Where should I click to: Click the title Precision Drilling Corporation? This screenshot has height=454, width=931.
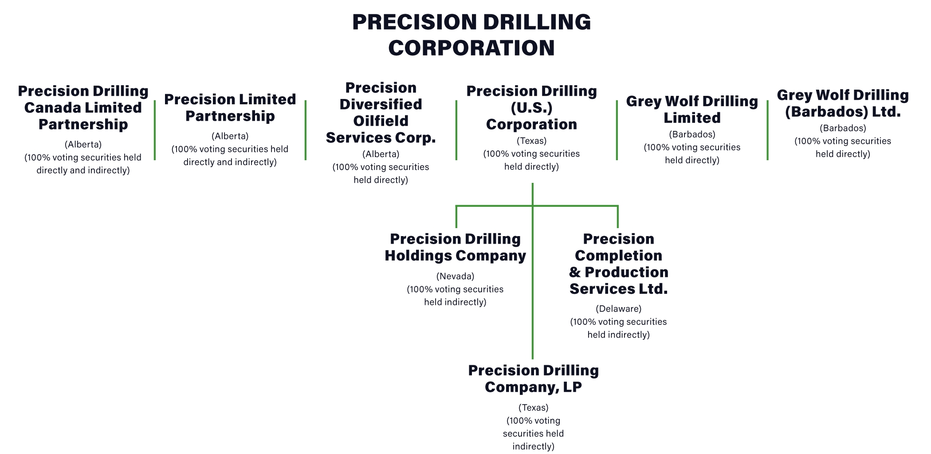point(471,35)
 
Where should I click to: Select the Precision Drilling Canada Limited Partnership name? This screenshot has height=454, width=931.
point(83,108)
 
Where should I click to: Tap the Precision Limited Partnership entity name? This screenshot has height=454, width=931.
point(230,107)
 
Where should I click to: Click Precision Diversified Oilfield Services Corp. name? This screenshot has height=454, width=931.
point(381,113)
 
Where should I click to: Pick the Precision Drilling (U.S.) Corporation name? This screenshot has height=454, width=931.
point(532,108)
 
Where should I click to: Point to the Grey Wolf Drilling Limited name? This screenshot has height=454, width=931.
point(692,110)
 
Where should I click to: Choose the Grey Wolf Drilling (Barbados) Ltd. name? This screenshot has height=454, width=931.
point(843,103)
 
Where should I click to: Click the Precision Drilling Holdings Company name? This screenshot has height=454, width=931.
point(456,247)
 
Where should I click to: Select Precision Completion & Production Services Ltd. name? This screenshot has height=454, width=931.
point(619,264)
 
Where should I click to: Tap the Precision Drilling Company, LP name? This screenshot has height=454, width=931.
point(534,379)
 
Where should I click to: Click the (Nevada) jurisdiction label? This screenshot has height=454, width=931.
point(456,276)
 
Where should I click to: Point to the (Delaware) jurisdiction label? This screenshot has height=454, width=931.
point(619,308)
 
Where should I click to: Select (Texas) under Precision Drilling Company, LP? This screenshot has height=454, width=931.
point(534,407)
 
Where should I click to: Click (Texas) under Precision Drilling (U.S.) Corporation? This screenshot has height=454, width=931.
point(532,141)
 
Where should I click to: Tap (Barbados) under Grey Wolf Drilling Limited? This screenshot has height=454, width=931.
point(692,134)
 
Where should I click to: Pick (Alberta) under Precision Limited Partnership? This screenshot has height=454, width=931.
point(230,136)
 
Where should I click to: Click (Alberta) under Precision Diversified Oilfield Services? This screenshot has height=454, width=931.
point(381,154)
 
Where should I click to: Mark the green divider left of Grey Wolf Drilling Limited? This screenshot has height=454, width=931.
point(617,130)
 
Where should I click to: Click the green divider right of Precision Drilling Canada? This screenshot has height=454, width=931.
point(155,130)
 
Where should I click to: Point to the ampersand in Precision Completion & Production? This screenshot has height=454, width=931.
point(575,272)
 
